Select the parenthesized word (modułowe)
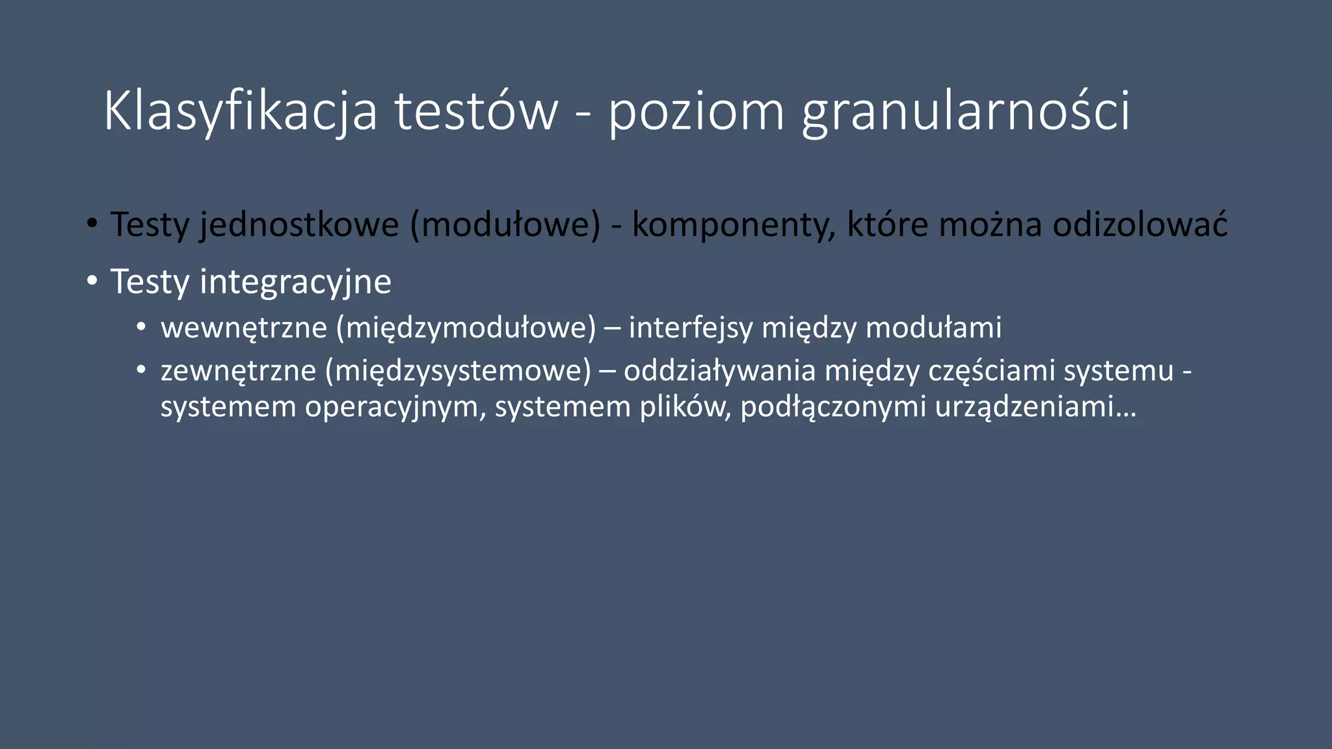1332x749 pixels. point(505,225)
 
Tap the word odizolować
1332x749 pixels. point(1139,225)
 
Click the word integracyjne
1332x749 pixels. point(295,282)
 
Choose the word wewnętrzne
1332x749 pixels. point(244,328)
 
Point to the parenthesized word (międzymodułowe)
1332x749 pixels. point(466,328)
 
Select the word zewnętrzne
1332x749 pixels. point(238,371)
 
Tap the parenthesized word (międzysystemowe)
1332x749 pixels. point(459,371)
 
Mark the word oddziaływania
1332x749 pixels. point(719,371)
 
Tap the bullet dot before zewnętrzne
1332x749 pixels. point(141,370)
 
